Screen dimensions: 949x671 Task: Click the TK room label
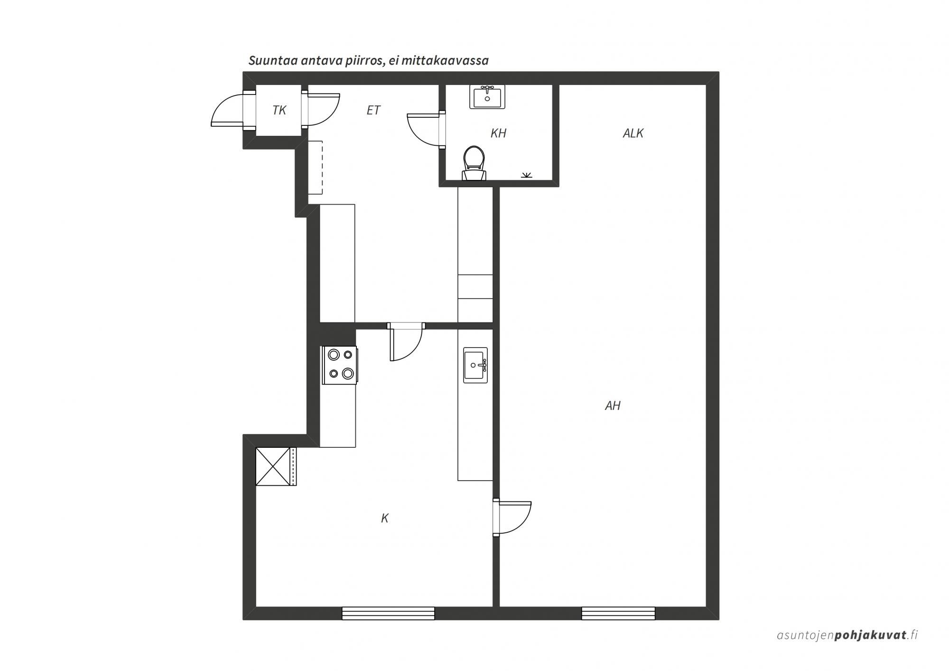pos(279,110)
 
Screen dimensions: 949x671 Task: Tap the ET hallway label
pos(373,110)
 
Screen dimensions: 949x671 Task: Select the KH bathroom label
pos(498,133)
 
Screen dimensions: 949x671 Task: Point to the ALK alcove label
pos(633,133)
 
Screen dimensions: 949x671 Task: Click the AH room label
pos(613,406)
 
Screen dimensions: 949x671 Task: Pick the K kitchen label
pos(385,518)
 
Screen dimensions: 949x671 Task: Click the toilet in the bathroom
pos(474,163)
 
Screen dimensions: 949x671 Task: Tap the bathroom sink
pos(487,97)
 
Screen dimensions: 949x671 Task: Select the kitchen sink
pos(475,365)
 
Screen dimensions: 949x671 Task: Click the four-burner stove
pos(340,365)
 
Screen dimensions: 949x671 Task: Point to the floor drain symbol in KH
pos(526,175)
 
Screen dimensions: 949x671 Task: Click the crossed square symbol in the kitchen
pos(273,466)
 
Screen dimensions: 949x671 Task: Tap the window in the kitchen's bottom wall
pos(388,613)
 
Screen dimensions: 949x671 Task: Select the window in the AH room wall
pos(618,613)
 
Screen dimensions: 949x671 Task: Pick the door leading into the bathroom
pos(426,130)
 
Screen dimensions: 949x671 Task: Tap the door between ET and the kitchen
pos(406,342)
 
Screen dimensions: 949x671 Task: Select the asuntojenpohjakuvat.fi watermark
pos(847,635)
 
